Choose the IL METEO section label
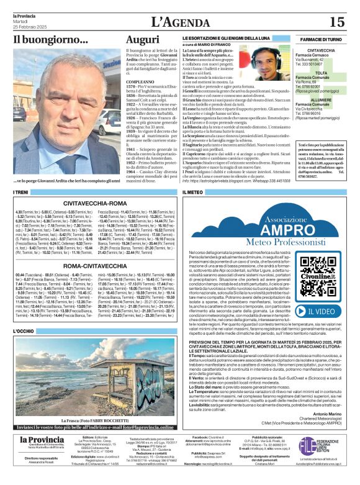pyautogui.click(x=194, y=193)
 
